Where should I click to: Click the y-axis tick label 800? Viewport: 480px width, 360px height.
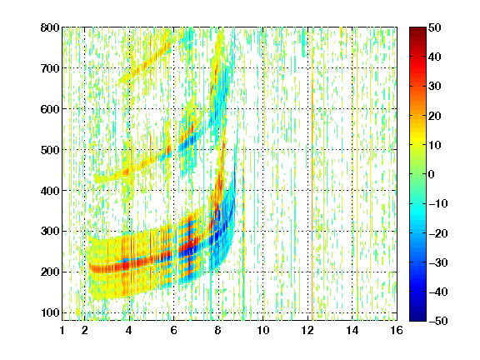[50, 27]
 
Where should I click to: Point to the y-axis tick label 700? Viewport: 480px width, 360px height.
[50, 68]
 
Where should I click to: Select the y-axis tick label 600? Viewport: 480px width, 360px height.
[50, 109]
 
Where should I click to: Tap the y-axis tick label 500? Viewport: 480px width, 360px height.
[50, 150]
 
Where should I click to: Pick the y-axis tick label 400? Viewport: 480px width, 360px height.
[50, 191]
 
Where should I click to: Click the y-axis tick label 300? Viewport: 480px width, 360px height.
[50, 232]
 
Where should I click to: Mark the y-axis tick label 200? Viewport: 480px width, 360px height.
[50, 272]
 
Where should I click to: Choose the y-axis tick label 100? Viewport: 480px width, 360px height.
[50, 312]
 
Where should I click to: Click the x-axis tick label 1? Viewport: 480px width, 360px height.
[62, 330]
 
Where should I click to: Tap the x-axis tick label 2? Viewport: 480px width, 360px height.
[85, 330]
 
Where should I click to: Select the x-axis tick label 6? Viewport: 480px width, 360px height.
[174, 330]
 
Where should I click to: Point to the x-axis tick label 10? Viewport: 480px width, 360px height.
[263, 330]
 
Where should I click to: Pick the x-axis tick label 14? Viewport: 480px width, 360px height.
[352, 330]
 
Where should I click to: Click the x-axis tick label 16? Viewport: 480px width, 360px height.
[397, 330]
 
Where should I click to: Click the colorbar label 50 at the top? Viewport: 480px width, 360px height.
[434, 27]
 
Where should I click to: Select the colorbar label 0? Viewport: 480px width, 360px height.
[432, 174]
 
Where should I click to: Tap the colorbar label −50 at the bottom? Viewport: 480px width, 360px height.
[438, 321]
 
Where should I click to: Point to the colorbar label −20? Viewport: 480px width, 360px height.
[438, 233]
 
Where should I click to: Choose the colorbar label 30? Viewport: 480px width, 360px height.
[434, 87]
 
